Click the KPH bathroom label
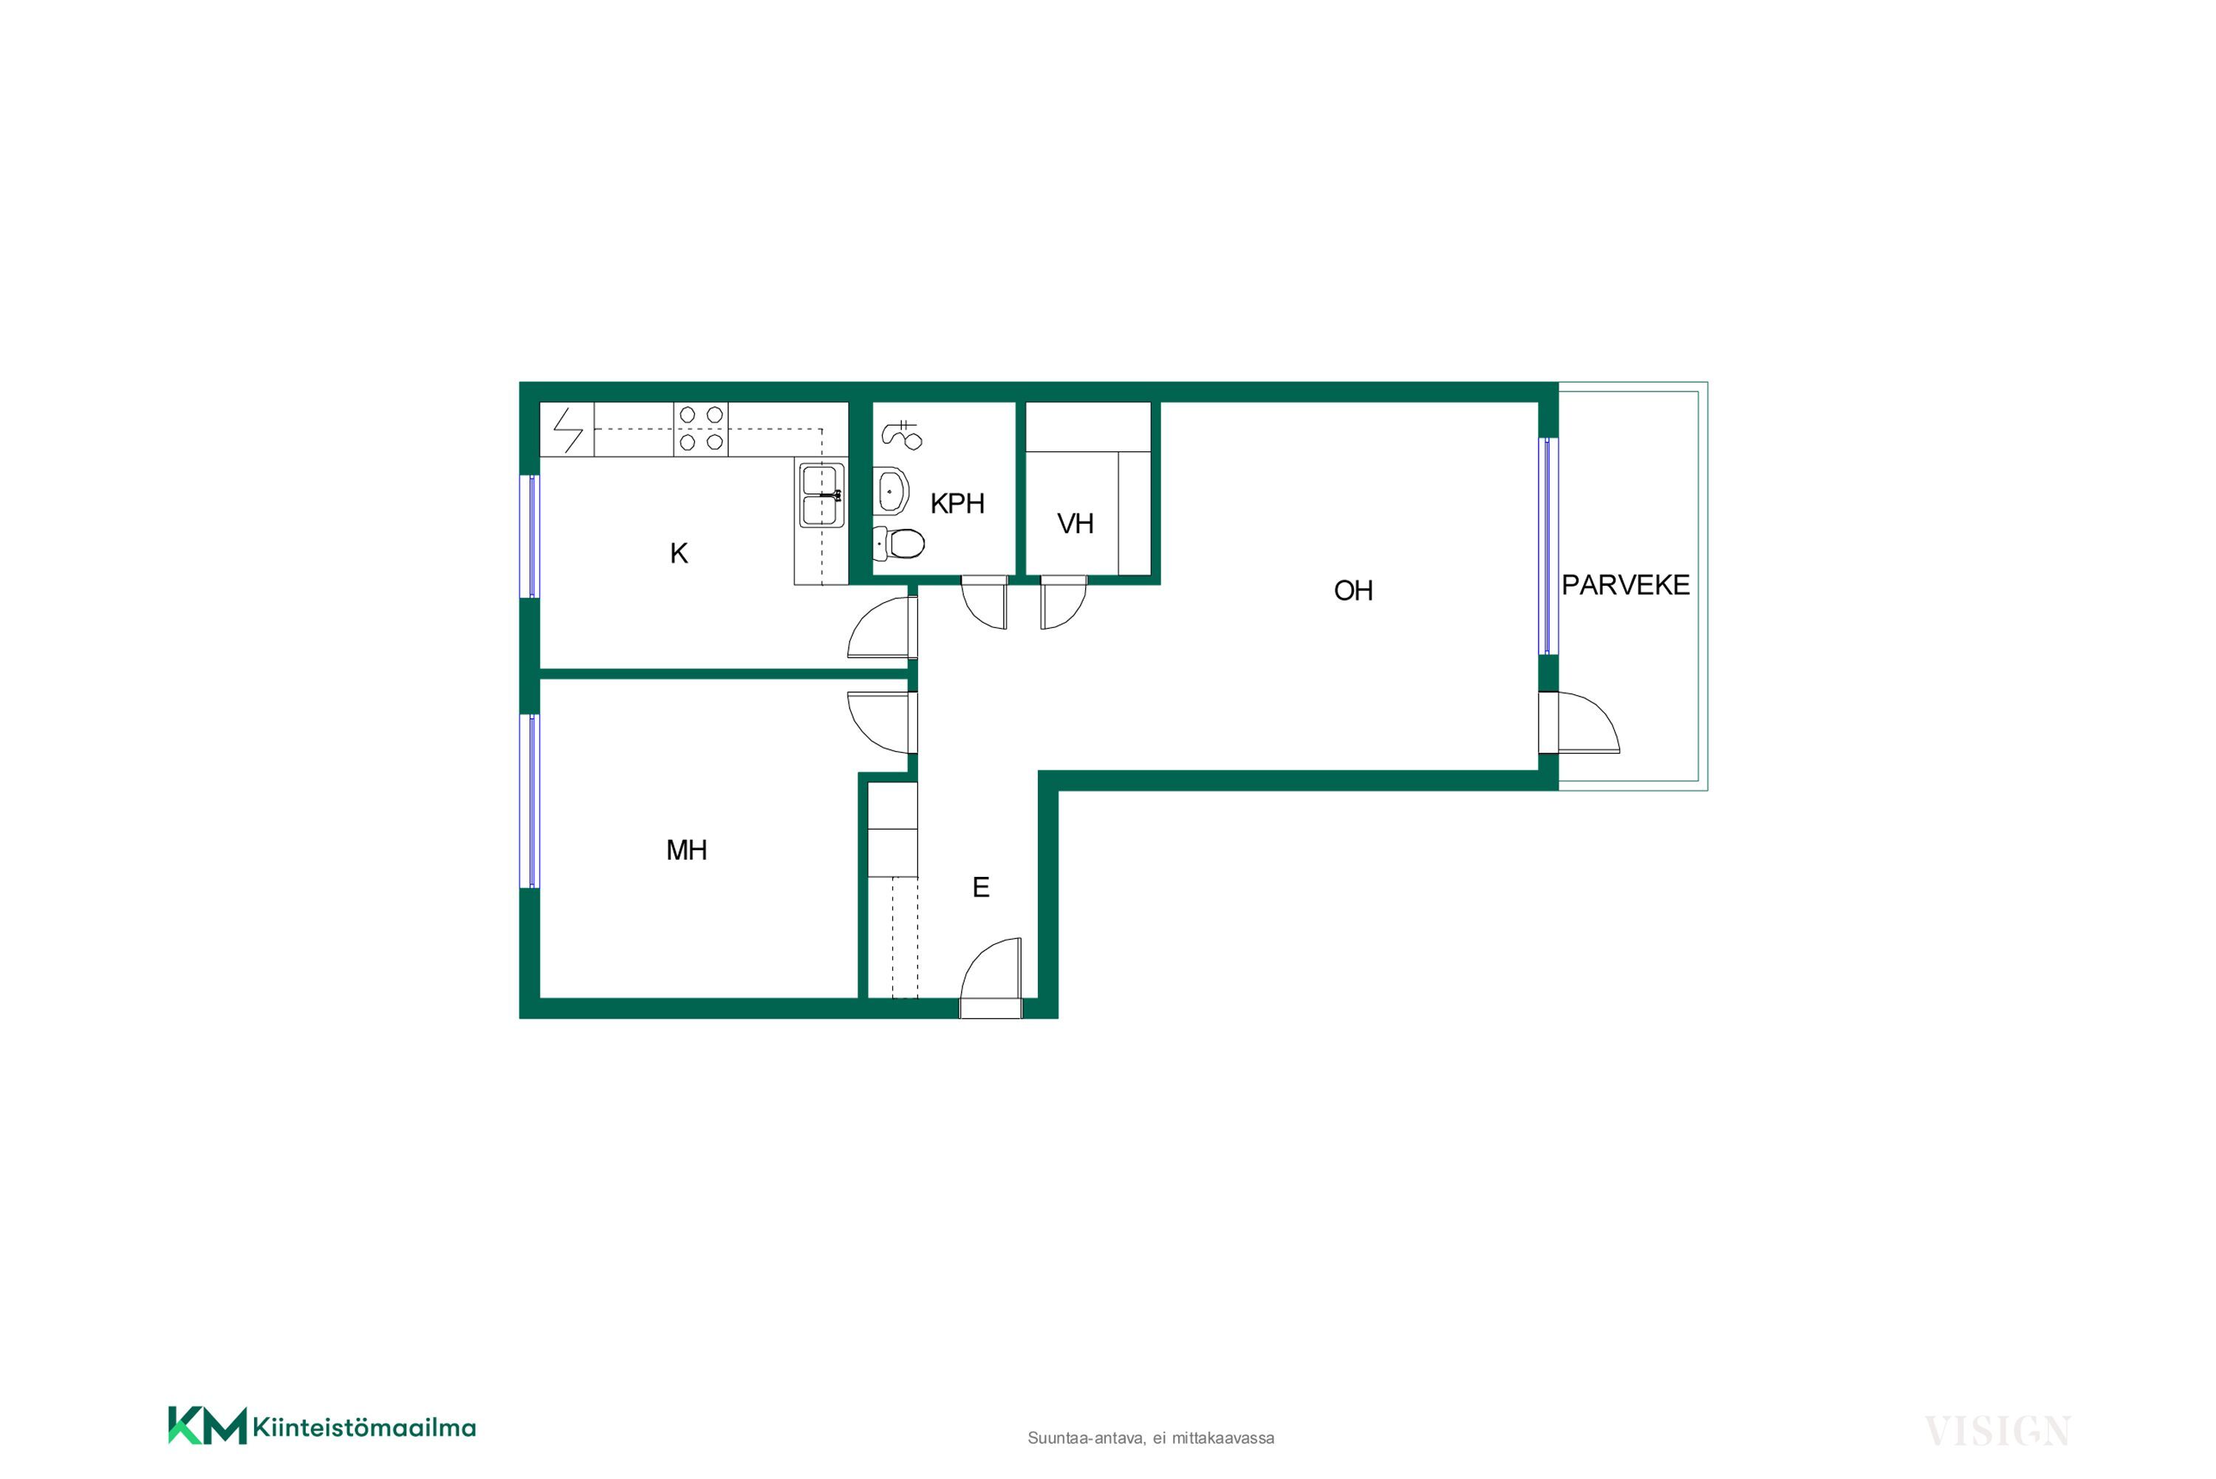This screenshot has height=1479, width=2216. click(x=957, y=504)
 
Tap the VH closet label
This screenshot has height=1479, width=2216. click(x=1075, y=524)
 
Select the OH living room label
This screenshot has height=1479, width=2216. click(x=1353, y=590)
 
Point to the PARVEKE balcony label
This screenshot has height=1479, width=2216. click(x=1626, y=585)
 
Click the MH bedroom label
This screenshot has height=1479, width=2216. click(x=686, y=850)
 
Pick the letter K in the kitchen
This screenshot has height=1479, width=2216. click(x=679, y=553)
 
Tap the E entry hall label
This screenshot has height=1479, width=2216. click(x=981, y=887)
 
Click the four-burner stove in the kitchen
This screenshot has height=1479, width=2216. click(x=701, y=429)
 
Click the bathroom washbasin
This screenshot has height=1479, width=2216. click(x=893, y=491)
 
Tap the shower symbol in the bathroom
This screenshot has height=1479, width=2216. click(x=901, y=435)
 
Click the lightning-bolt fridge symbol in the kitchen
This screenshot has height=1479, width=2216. click(x=568, y=430)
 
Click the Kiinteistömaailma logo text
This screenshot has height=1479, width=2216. click(x=364, y=1427)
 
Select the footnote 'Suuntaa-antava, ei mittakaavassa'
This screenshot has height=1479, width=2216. click(x=1150, y=1438)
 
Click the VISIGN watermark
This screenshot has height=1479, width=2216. click(x=1997, y=1432)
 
